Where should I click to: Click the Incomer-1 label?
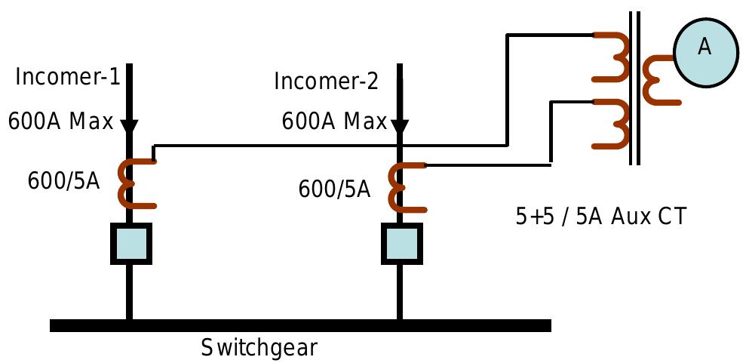coord(68,77)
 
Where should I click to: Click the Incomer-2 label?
coord(326,81)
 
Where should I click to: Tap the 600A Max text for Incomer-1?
coord(60,121)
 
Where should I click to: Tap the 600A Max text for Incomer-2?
coord(334,122)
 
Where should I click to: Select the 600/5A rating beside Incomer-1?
coord(63,182)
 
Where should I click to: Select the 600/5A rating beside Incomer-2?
coord(334,189)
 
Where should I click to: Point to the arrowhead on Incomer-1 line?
coord(129,127)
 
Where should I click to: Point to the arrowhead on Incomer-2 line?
coord(400,127)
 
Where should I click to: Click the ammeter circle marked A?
coord(704,48)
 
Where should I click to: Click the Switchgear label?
coord(259,349)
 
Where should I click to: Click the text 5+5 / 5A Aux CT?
coord(600,217)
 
